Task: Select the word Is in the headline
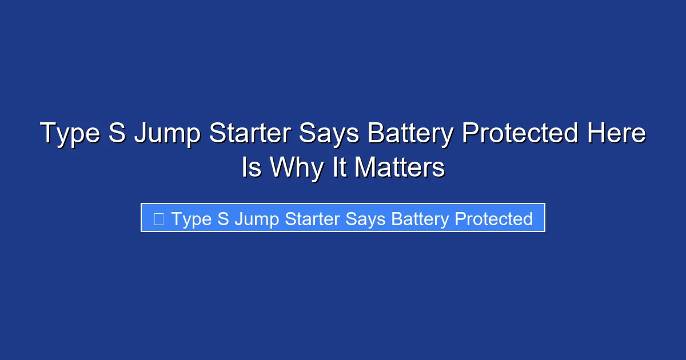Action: (x=252, y=168)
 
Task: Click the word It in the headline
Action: (x=340, y=168)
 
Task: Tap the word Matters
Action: (x=400, y=168)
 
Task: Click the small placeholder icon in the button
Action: (x=159, y=218)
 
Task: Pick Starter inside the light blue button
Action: (x=308, y=219)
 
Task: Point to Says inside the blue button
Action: (x=362, y=219)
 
